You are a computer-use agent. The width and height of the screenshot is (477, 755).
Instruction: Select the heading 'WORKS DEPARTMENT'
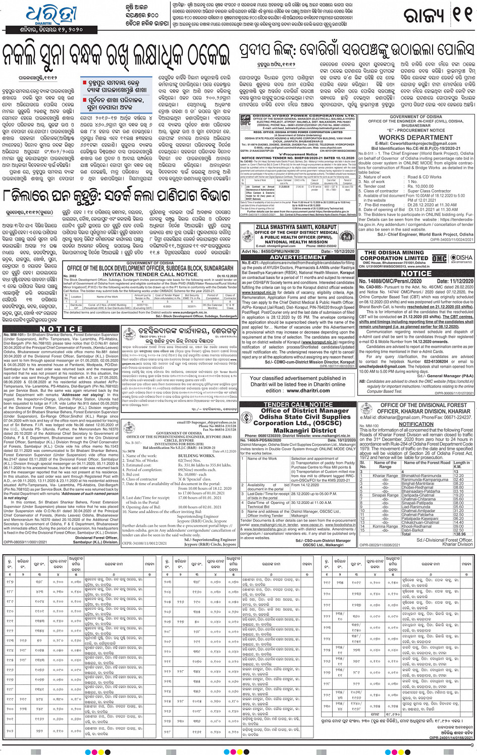coord(416,137)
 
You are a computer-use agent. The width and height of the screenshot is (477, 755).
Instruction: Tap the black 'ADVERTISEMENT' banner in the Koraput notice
coord(298,257)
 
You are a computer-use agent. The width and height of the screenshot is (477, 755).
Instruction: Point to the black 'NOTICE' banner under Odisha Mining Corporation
coord(416,273)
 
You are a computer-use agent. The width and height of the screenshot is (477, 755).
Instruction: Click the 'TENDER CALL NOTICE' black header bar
coord(298,404)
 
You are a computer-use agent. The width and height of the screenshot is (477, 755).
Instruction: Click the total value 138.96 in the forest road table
coord(459,534)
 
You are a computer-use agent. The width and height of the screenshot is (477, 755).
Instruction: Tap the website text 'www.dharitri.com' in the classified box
coord(298,390)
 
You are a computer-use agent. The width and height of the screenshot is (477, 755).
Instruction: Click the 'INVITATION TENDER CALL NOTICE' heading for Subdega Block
coord(150,274)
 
